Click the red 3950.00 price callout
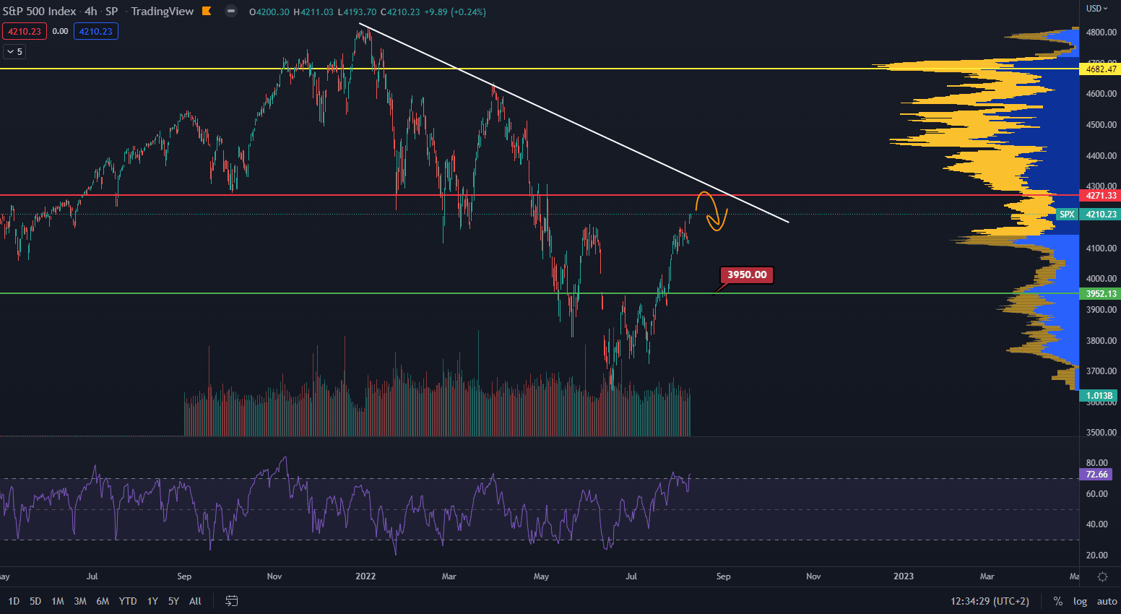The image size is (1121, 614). click(747, 274)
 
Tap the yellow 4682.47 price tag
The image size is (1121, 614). click(1101, 69)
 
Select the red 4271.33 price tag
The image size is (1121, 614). click(1101, 196)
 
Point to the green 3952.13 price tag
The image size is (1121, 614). click(1101, 294)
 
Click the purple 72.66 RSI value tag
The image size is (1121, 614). click(1096, 475)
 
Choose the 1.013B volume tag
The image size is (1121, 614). click(1099, 396)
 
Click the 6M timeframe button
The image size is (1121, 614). click(103, 601)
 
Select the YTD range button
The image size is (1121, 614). click(128, 601)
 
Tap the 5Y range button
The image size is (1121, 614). click(173, 601)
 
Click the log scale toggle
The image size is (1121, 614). click(1080, 601)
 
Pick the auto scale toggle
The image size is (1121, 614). click(1107, 601)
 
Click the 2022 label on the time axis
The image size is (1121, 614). click(365, 576)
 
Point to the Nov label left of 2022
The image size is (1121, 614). click(274, 576)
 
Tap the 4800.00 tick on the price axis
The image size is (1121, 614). click(1101, 33)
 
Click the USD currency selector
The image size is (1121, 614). click(1096, 9)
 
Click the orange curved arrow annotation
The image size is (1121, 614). click(712, 211)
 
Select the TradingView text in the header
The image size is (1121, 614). click(163, 12)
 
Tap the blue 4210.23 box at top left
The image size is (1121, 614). click(96, 31)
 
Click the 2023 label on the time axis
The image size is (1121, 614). click(903, 576)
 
